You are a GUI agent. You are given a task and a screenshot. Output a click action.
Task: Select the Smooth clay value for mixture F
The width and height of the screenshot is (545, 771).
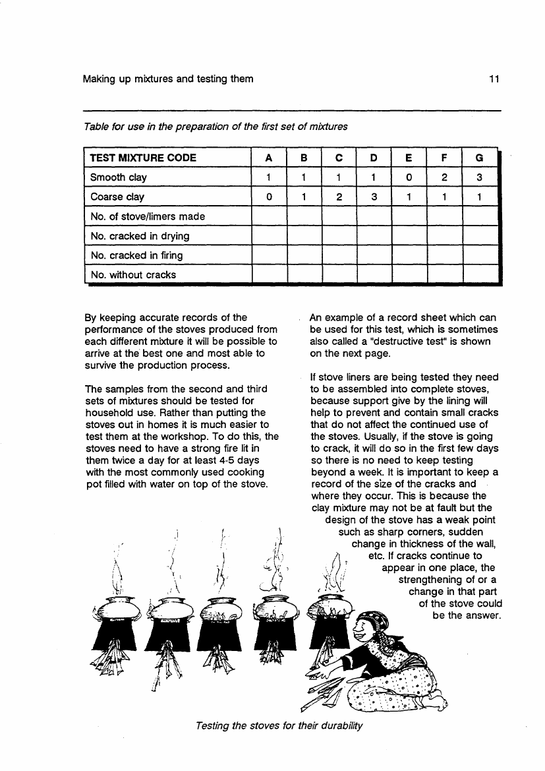click(x=445, y=177)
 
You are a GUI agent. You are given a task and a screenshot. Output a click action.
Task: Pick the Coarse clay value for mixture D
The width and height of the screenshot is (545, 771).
click(x=374, y=197)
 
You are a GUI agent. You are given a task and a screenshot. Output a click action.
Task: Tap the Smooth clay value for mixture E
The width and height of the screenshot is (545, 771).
click(x=409, y=177)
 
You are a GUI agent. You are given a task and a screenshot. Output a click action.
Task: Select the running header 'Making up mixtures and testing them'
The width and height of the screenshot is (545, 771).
click(x=168, y=80)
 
